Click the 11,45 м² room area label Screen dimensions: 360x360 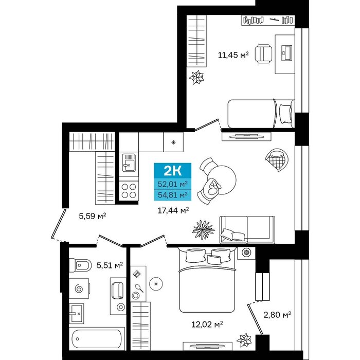pyautogui.click(x=233, y=55)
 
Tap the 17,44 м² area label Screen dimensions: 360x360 pyautogui.click(x=173, y=210)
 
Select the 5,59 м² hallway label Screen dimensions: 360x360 pyautogui.click(x=92, y=216)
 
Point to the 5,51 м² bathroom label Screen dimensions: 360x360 pyautogui.click(x=110, y=265)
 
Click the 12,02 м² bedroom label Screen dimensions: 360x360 pyautogui.click(x=207, y=324)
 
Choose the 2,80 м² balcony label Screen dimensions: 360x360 pyautogui.click(x=277, y=315)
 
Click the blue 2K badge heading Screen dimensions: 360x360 pyautogui.click(x=172, y=170)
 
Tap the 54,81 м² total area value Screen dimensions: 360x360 pyautogui.click(x=173, y=195)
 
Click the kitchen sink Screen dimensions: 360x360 pyautogui.click(x=129, y=163)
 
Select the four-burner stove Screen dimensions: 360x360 pyautogui.click(x=129, y=191)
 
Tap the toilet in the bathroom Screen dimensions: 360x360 pyautogui.click(x=80, y=265)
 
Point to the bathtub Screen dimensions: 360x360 pyautogui.click(x=97, y=339)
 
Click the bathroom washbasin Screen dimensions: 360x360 pyautogui.click(x=76, y=313)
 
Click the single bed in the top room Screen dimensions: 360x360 pyautogui.click(x=261, y=114)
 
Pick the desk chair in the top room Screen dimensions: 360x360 pyautogui.click(x=263, y=53)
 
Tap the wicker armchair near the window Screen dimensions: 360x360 pyautogui.click(x=277, y=159)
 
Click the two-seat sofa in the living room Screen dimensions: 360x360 pyautogui.click(x=247, y=229)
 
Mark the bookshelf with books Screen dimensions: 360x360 pyautogui.click(x=268, y=20)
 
